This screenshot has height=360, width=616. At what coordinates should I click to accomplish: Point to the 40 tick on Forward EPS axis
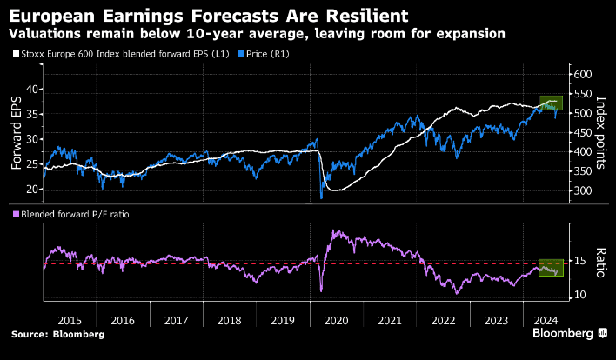pos(32,89)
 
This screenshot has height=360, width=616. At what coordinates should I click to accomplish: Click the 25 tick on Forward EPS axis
pos(32,163)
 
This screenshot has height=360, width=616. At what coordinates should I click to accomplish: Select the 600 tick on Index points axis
pos(581,76)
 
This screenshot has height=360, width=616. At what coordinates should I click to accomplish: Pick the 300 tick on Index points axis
pos(581,190)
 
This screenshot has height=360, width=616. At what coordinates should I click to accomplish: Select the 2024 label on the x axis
pos(546,319)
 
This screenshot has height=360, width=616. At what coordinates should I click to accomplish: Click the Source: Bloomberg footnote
pos(57,334)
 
